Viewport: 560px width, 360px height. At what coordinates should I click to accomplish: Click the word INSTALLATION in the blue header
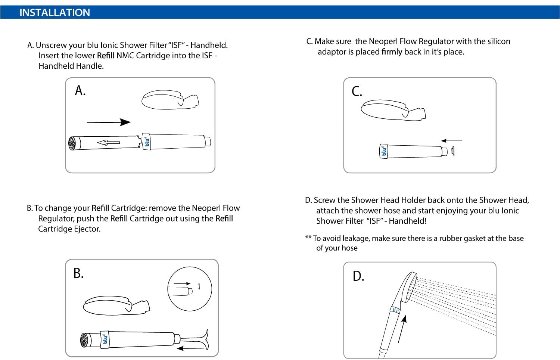click(55, 13)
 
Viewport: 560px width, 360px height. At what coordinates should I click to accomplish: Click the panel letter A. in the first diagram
click(80, 91)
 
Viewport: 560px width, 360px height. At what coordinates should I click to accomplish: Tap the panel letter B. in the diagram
click(78, 273)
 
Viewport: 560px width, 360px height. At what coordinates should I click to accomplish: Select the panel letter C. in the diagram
click(357, 91)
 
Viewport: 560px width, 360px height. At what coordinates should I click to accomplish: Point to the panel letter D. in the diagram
click(358, 276)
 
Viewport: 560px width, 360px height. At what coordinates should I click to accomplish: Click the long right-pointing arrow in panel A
click(108, 122)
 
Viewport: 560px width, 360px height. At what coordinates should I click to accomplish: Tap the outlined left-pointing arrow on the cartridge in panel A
click(108, 142)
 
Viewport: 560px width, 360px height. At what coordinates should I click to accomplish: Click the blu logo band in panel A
click(146, 142)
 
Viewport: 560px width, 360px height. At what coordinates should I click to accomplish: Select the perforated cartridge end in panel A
click(72, 143)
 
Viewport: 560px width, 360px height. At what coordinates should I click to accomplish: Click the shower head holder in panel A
click(170, 100)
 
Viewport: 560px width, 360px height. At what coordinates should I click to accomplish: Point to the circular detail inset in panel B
click(190, 289)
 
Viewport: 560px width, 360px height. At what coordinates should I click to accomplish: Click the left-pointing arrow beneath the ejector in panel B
click(190, 348)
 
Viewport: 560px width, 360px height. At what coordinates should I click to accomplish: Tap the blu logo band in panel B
click(105, 339)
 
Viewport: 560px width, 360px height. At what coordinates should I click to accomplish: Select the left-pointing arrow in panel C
click(451, 141)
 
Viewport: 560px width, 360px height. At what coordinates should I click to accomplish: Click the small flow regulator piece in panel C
click(453, 151)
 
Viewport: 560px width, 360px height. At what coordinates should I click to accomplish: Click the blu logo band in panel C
click(383, 151)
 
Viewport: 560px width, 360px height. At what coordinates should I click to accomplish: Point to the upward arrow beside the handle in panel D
click(402, 329)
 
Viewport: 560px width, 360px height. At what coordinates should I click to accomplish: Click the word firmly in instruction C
click(392, 52)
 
